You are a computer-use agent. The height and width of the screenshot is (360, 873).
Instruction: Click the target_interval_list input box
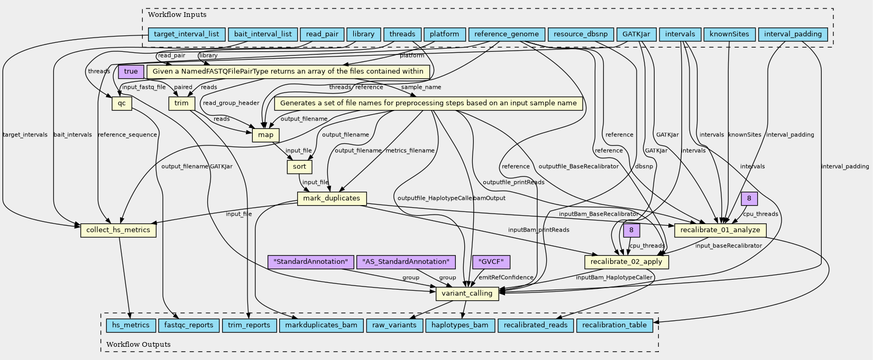(187, 34)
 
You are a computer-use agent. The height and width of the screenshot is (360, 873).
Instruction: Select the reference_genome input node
(507, 34)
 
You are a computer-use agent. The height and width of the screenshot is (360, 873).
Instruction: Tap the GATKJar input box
(636, 34)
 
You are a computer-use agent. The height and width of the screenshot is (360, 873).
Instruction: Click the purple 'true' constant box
(131, 71)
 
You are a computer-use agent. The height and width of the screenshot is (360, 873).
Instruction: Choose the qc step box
(122, 104)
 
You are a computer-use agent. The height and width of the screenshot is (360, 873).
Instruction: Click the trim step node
(181, 103)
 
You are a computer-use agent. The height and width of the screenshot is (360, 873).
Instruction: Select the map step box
(266, 135)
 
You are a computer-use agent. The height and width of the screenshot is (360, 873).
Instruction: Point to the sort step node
(299, 167)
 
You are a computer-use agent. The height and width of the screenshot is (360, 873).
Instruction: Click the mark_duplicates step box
(332, 199)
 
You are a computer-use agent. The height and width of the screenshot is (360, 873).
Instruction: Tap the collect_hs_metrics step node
(118, 230)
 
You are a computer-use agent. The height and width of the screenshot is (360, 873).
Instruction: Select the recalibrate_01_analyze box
(720, 230)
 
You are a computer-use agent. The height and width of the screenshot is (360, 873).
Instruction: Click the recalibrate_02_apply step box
(627, 262)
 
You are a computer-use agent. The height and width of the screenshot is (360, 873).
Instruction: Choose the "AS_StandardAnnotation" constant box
(406, 262)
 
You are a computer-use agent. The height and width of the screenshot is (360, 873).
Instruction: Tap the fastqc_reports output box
(189, 325)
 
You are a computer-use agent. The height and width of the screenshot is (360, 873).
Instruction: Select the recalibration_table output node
(614, 325)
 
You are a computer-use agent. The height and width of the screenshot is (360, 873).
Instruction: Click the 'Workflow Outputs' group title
(139, 345)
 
